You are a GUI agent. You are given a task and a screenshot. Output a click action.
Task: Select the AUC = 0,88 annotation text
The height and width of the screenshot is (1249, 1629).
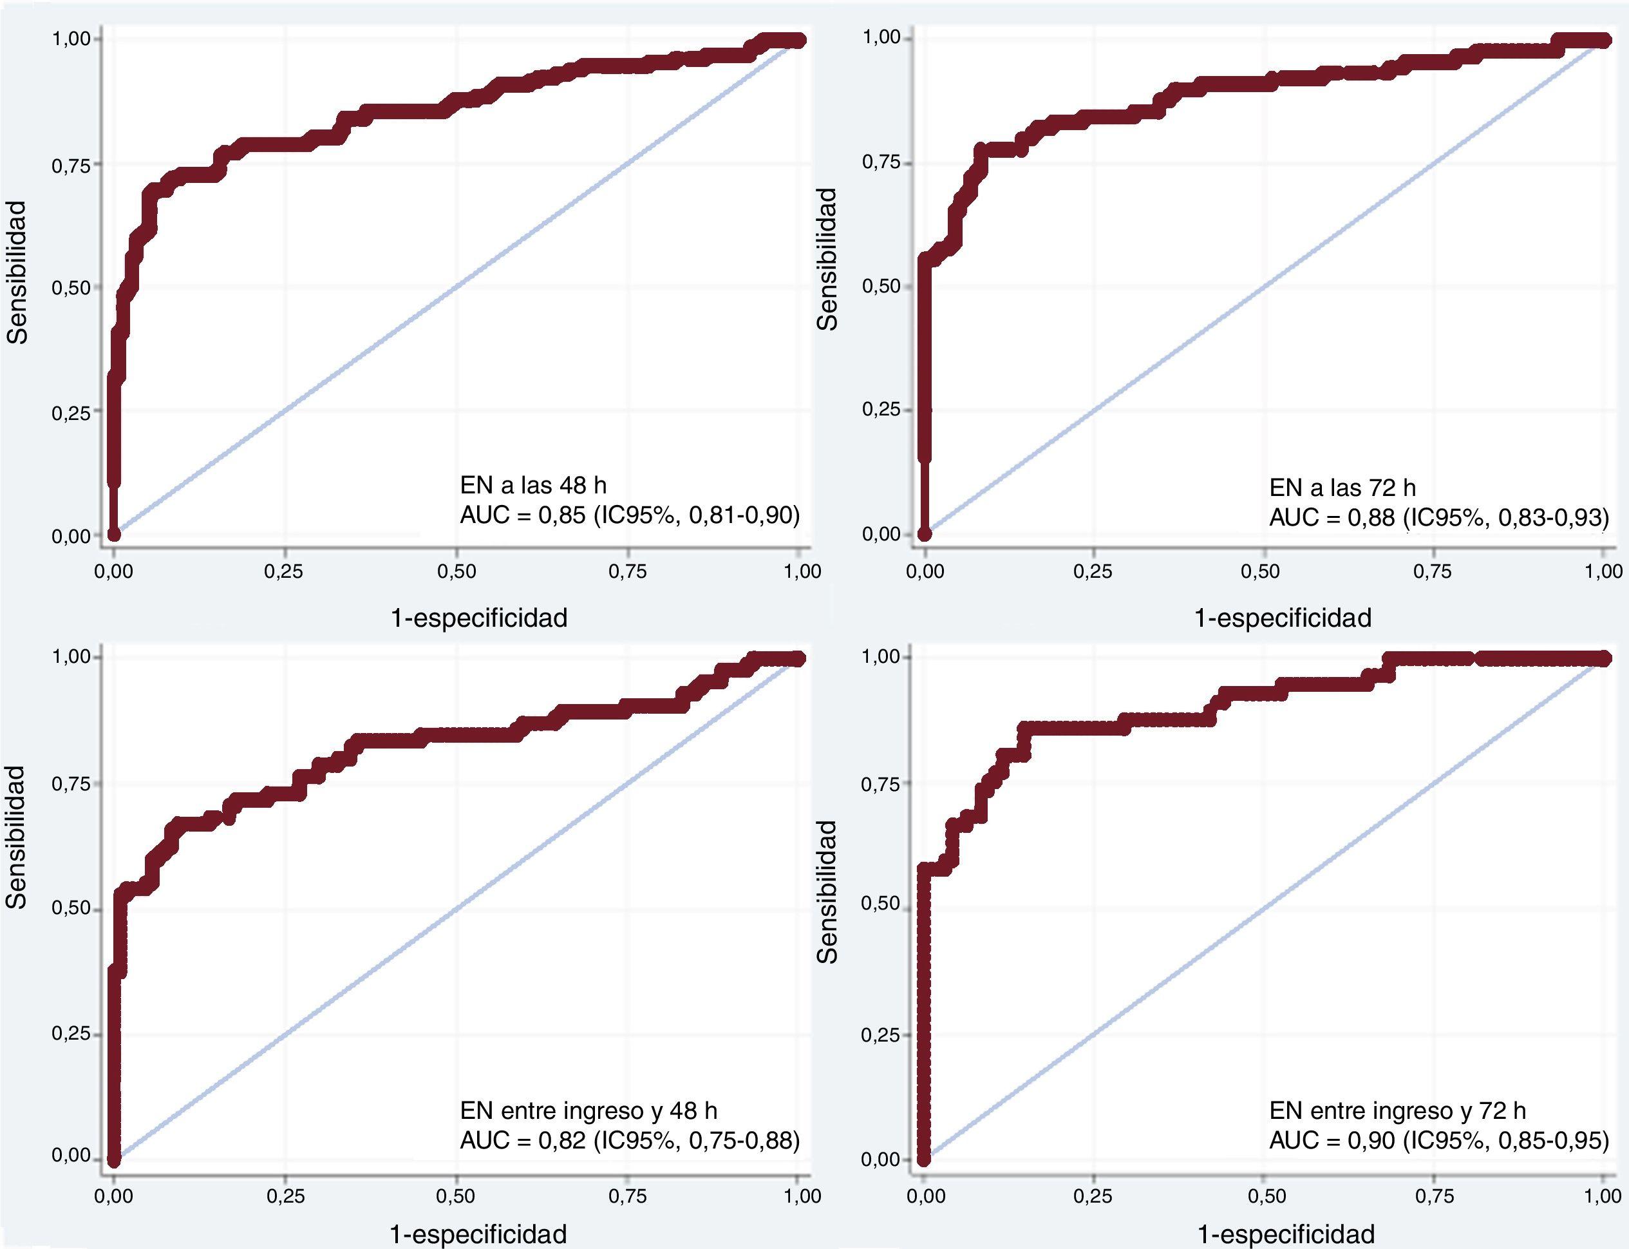click(x=1439, y=517)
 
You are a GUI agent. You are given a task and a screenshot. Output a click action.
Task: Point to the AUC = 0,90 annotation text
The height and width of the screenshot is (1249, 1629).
click(x=1439, y=1139)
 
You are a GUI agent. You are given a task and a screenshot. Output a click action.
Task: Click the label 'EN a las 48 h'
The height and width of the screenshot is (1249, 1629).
click(x=533, y=486)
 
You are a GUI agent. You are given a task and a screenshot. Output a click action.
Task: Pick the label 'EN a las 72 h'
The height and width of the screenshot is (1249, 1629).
click(x=1342, y=488)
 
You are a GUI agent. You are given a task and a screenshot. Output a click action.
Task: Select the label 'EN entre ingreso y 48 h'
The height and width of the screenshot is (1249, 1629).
click(x=589, y=1110)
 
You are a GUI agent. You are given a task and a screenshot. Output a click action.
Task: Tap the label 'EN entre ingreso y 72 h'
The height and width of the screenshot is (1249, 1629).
click(x=1397, y=1110)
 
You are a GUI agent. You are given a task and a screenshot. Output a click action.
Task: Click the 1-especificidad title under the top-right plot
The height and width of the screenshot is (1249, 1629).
click(x=1283, y=618)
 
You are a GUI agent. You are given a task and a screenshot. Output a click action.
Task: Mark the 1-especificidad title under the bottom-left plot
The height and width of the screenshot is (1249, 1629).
click(x=478, y=1234)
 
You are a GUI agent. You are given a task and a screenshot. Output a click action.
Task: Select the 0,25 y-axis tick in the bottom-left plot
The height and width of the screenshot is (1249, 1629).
click(x=71, y=1034)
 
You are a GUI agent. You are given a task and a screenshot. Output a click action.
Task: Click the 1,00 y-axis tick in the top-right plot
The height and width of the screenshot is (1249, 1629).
click(x=881, y=37)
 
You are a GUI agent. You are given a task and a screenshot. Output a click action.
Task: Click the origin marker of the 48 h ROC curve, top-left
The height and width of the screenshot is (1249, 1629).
click(x=114, y=534)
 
